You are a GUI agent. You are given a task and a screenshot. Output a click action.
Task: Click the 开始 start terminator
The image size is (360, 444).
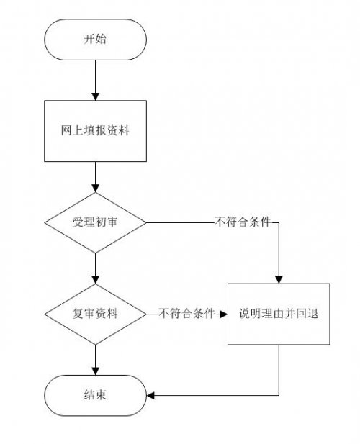95,40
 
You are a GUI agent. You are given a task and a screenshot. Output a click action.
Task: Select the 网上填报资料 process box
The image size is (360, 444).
95,131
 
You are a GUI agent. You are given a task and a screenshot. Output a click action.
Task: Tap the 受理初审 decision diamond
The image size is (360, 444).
95,222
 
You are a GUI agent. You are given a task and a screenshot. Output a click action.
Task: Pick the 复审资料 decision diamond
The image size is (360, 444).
95,314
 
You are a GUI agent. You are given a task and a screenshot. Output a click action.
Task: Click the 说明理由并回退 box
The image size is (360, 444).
279,314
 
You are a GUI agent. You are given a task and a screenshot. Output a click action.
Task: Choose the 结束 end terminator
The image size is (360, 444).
95,395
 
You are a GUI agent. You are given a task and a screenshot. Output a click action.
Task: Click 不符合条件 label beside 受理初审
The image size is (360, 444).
243,222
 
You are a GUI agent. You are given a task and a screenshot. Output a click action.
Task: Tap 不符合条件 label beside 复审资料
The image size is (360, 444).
186,314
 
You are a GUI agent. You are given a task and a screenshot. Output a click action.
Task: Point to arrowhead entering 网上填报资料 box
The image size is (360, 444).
95,96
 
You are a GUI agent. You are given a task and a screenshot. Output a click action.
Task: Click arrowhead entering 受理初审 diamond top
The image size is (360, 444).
95,189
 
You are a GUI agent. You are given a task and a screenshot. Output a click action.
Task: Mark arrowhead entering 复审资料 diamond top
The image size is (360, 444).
95,280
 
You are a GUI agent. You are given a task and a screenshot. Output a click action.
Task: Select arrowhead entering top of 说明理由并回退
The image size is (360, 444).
279,280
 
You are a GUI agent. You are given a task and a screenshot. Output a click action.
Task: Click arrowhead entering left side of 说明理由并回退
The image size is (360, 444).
224,314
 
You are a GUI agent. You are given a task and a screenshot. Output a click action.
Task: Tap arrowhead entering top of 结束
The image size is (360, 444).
95,371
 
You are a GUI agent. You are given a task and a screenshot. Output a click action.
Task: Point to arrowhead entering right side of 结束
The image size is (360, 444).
150,395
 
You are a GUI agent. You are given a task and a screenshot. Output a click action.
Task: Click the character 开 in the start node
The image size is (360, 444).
89,39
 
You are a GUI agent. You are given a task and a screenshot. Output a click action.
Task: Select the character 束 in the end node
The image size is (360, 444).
101,395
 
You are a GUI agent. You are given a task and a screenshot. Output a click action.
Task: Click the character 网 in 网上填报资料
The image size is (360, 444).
66,130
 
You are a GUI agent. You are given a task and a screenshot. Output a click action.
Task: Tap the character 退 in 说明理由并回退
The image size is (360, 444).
312,314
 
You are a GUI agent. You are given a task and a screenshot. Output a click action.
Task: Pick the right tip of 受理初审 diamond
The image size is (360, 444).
146,222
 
